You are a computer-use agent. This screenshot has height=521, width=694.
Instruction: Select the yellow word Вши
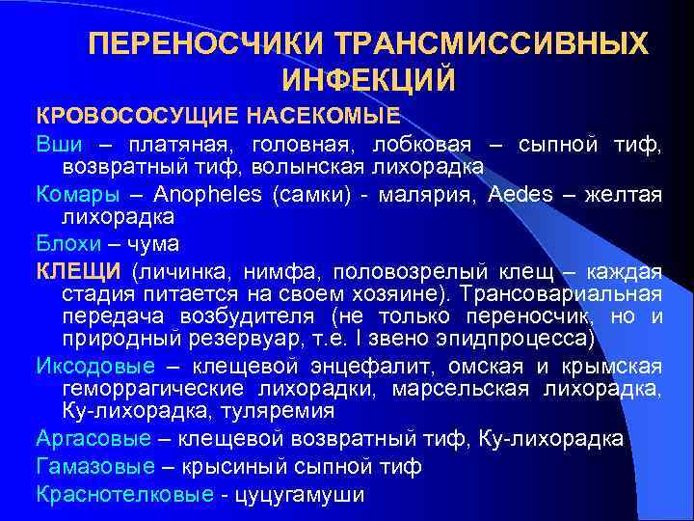[x=57, y=145]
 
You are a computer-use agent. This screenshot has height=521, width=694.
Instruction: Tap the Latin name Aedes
[x=520, y=195]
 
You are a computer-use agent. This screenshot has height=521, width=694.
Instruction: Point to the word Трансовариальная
[x=560, y=293]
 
